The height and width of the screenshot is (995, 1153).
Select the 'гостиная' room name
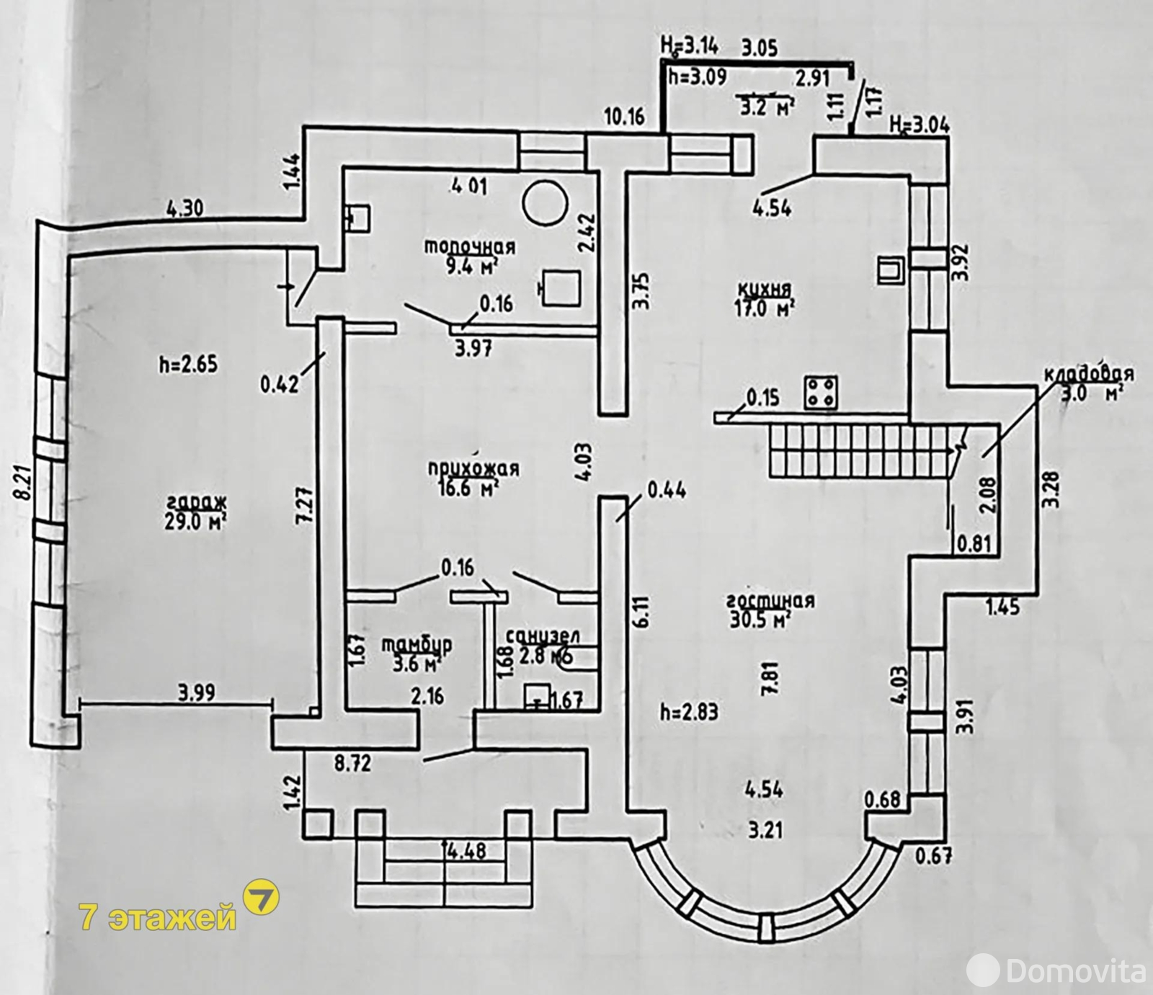770,600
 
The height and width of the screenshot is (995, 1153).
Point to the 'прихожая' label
473,468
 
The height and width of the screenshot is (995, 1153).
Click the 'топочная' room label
469,246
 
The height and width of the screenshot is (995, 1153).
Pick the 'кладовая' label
1088,375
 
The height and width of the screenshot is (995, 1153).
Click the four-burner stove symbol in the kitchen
821,392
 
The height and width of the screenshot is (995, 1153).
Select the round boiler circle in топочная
544,203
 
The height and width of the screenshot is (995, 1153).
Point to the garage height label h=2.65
187,364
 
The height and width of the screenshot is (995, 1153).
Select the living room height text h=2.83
689,712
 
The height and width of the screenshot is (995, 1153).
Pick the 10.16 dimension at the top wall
624,116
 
